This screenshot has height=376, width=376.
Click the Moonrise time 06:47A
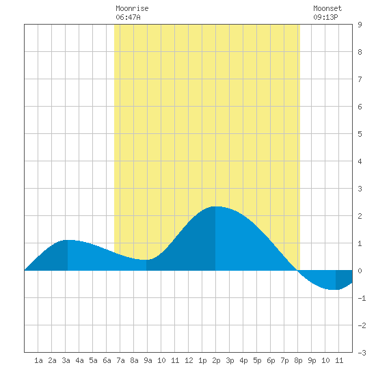pos(128,17)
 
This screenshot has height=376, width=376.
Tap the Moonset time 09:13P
pos(325,17)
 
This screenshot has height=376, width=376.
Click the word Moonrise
pos(132,8)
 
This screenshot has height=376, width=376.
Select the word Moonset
pos(327,8)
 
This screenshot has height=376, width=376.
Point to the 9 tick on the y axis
pos(360,25)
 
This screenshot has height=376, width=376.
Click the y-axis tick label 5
pos(360,134)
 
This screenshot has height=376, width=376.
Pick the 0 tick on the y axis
pos(360,271)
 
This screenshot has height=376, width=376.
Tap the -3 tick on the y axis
pos(362,353)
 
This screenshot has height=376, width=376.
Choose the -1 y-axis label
pos(362,298)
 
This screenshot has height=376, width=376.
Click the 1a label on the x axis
pos(38,360)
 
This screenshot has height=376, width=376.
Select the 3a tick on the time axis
pos(66,360)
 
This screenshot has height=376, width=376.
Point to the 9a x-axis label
pos(148,360)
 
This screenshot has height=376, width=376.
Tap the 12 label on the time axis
pos(189,360)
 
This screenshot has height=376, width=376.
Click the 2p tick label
pos(216,360)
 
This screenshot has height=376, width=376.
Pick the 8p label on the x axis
pos(298,360)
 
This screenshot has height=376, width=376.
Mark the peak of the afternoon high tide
pos(215,206)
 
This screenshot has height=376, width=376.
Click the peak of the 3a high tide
pos(68,240)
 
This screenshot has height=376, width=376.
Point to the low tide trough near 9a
pos(146,260)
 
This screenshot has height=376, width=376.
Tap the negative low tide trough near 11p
pos(336,290)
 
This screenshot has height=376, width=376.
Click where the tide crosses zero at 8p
pos(297,270)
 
